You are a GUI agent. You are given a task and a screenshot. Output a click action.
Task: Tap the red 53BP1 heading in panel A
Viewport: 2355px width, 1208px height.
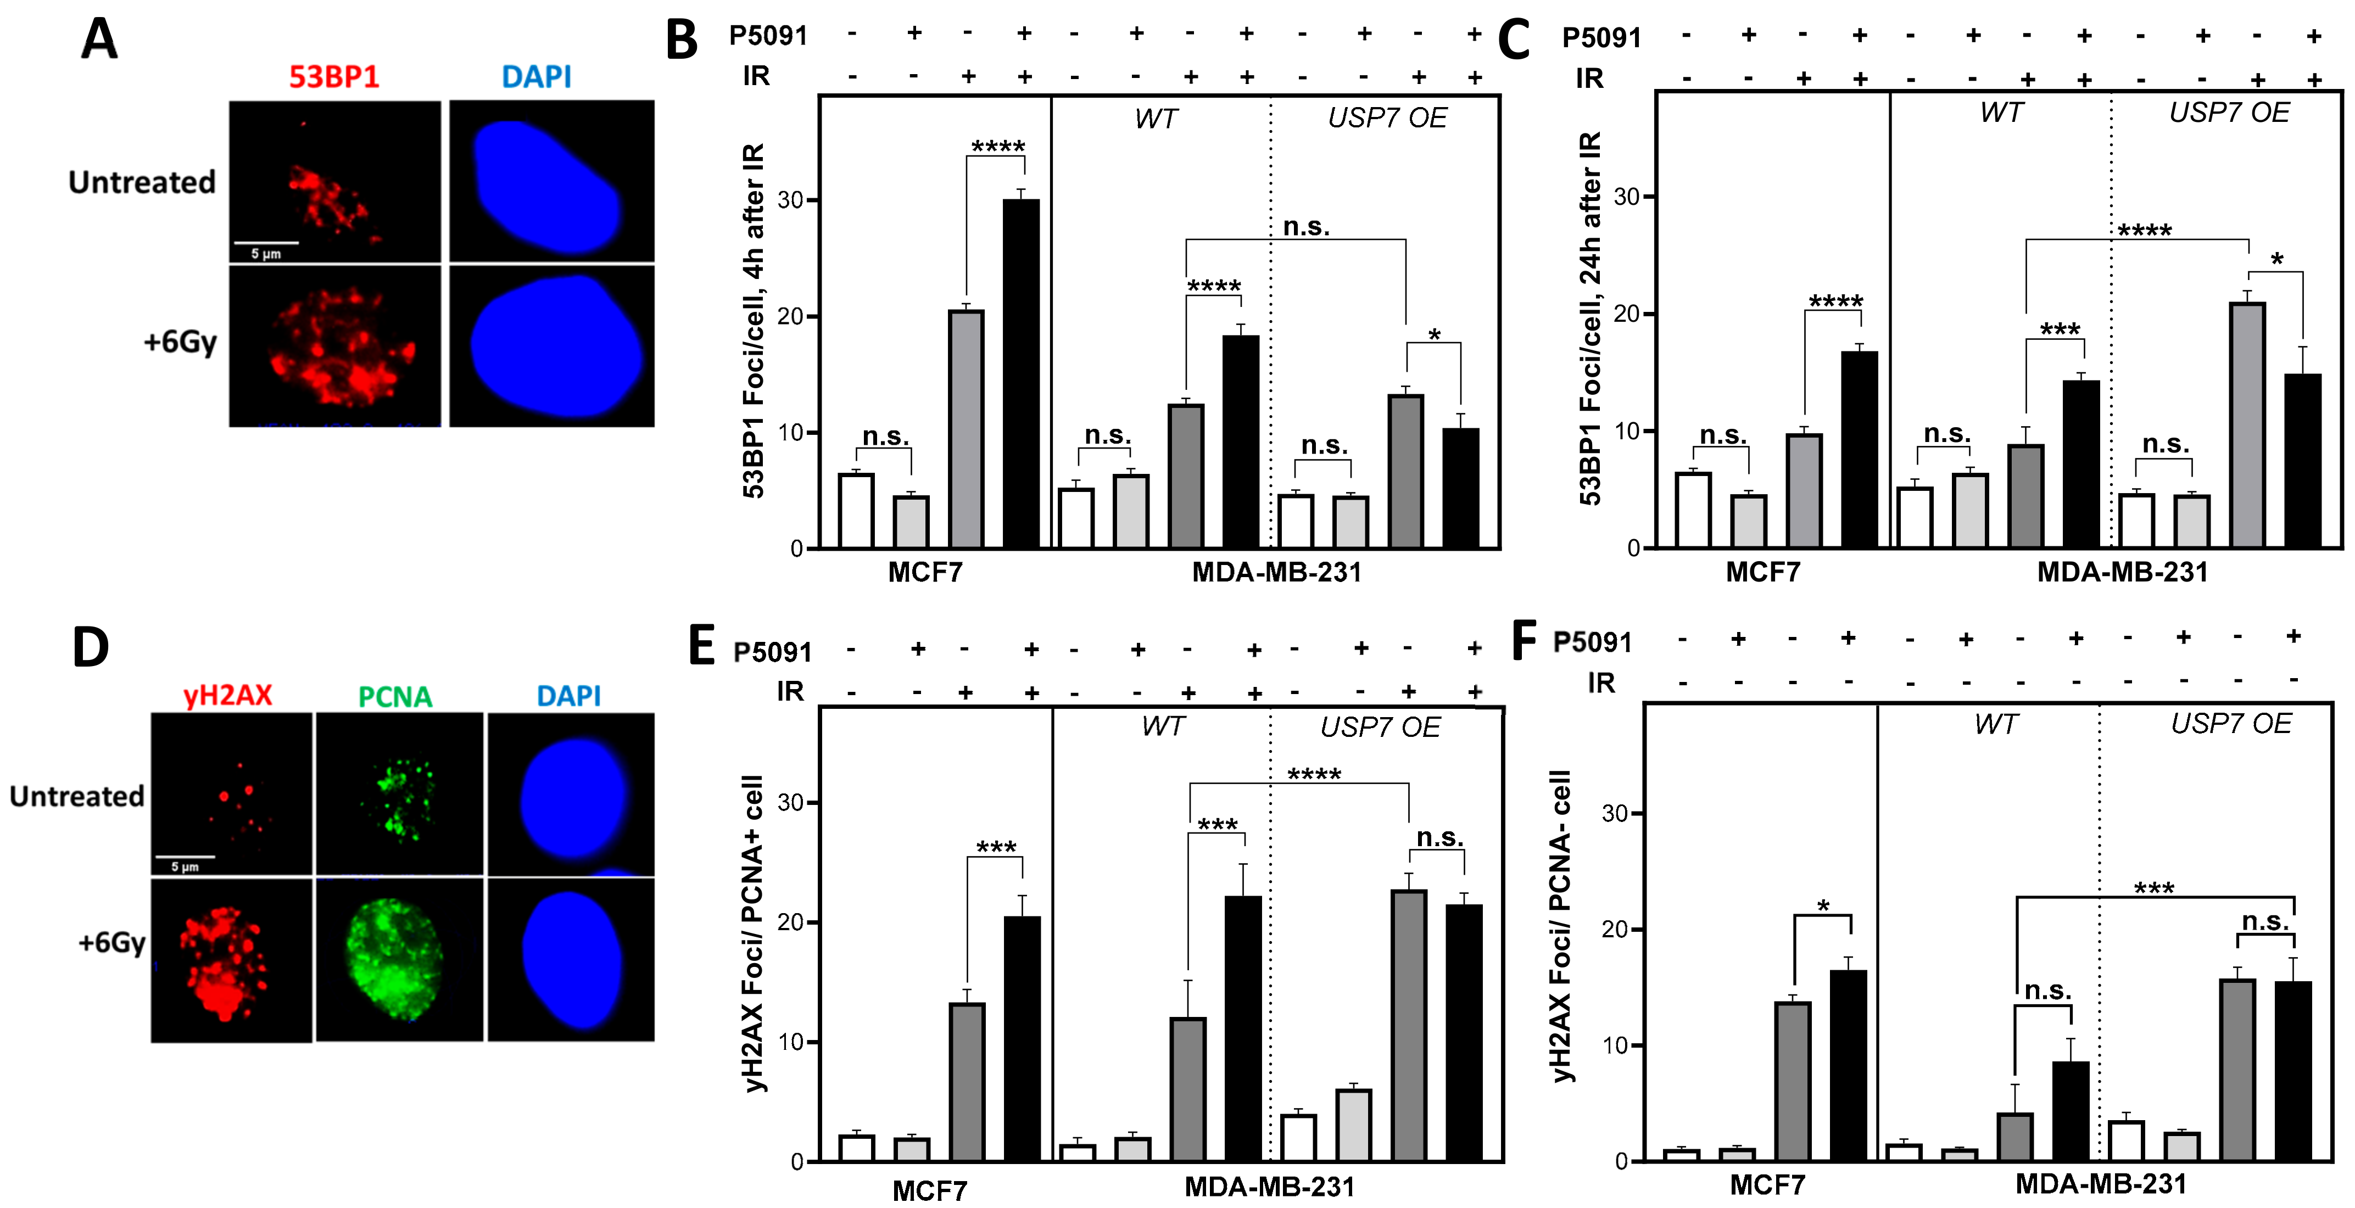click(334, 77)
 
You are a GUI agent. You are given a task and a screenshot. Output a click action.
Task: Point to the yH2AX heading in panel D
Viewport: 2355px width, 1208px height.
click(227, 695)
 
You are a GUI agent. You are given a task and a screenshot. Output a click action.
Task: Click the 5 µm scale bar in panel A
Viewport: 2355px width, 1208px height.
click(266, 244)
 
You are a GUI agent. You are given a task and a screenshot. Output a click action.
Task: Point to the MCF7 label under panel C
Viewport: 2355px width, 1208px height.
click(1762, 572)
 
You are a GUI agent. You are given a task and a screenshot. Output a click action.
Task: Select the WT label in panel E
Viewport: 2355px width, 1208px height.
click(1162, 726)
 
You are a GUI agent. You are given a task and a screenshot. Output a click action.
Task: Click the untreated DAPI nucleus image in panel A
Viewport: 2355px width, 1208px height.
click(551, 181)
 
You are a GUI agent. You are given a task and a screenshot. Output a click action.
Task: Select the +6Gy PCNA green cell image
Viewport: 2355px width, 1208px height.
click(399, 959)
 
